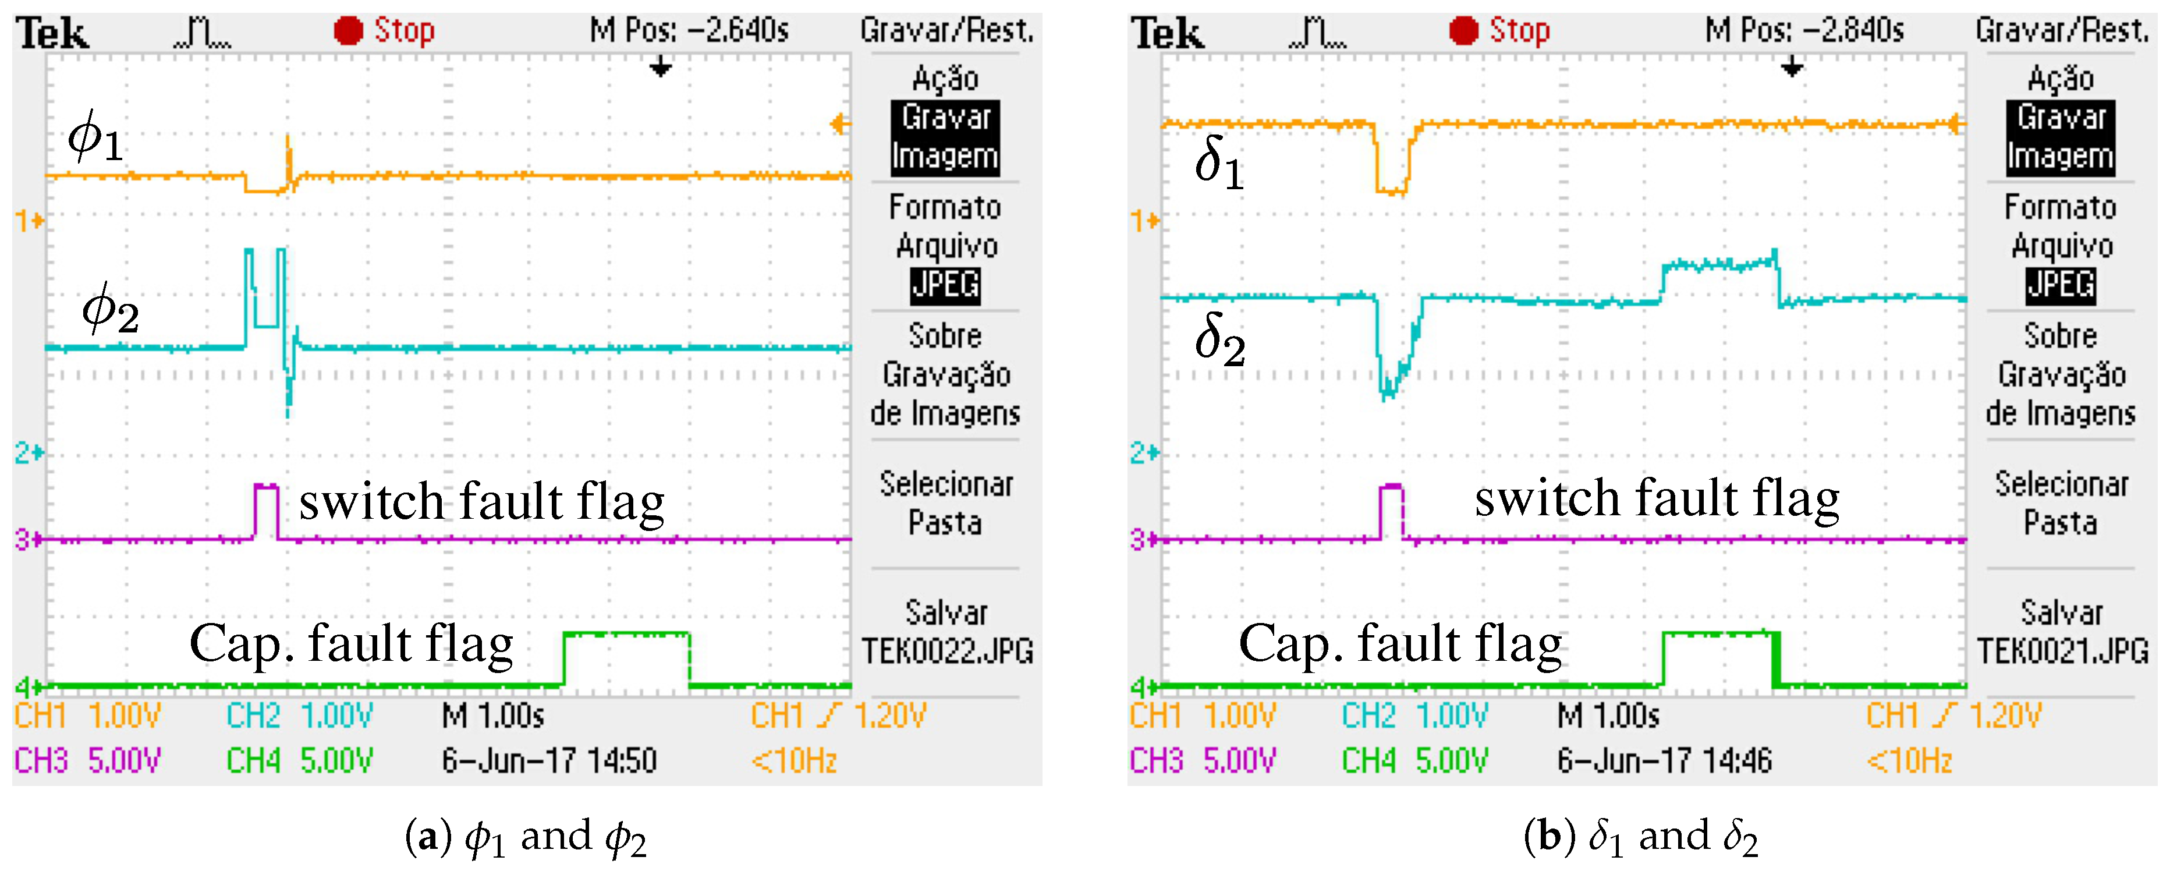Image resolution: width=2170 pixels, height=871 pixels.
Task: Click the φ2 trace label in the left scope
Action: click(x=109, y=309)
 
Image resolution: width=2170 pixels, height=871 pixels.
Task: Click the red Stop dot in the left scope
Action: click(x=348, y=31)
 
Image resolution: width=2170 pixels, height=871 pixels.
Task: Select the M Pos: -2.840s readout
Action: click(x=1804, y=31)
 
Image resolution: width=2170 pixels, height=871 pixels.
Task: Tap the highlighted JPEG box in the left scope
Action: click(x=945, y=285)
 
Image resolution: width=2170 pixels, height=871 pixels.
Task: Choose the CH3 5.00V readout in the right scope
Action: click(x=1202, y=760)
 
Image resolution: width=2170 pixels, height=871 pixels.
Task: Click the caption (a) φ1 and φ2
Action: click(x=526, y=837)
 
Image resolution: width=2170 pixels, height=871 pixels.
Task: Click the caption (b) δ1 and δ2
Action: click(x=1640, y=837)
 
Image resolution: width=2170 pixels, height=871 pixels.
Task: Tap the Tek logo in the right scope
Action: click(x=1166, y=34)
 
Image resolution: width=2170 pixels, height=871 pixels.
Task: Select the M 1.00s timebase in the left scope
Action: click(x=493, y=716)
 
